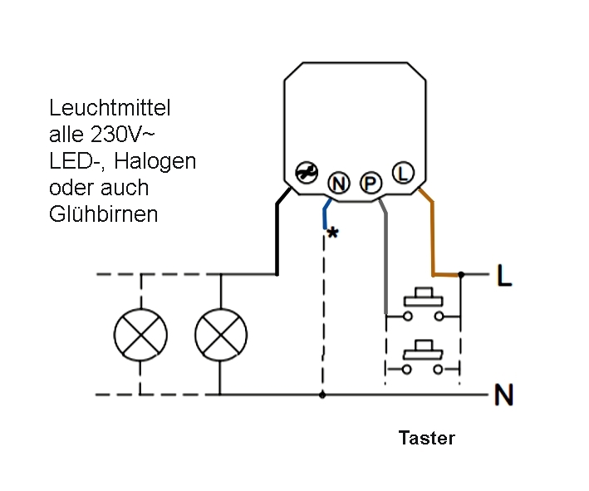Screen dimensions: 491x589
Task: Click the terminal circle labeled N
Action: click(338, 180)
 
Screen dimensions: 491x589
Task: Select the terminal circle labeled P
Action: click(369, 180)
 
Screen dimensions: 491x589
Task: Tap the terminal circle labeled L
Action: click(402, 173)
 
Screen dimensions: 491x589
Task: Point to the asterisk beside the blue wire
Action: click(332, 234)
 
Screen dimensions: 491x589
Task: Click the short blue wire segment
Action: click(325, 214)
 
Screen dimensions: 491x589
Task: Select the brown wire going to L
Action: click(432, 241)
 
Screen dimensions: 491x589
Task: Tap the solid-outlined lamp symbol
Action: click(220, 335)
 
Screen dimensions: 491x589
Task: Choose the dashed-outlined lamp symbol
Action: click(140, 335)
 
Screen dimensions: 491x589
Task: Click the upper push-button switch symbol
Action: click(423, 306)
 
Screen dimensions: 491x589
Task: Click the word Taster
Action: click(426, 439)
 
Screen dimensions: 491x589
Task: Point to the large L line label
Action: click(503, 276)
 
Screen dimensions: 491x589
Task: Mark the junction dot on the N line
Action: click(322, 395)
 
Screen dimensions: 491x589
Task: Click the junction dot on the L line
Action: click(461, 273)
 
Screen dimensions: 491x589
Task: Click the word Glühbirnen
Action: click(103, 214)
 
